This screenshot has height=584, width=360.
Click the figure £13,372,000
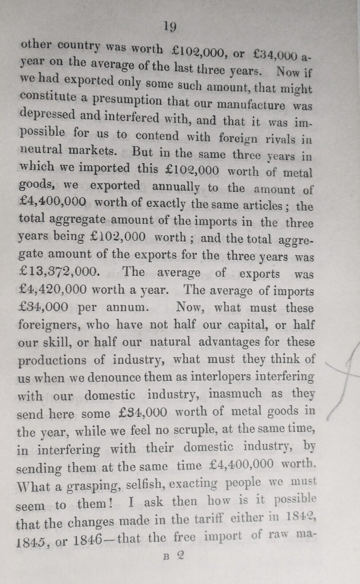58,272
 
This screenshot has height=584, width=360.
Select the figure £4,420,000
53,289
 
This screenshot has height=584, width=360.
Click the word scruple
194,429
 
